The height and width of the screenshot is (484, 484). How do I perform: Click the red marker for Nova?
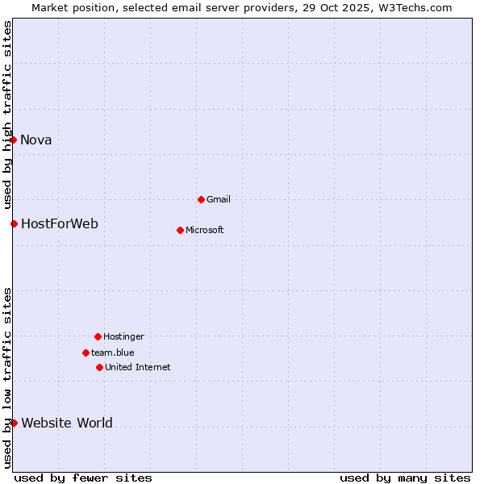pyautogui.click(x=14, y=140)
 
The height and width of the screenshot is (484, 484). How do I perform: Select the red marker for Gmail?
pyautogui.click(x=201, y=199)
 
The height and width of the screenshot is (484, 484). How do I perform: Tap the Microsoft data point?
pyautogui.click(x=180, y=230)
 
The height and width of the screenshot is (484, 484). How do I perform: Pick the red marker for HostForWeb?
pyautogui.click(x=14, y=223)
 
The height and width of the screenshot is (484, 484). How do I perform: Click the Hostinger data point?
pyautogui.click(x=98, y=336)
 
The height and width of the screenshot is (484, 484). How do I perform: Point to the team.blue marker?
pyautogui.click(x=86, y=353)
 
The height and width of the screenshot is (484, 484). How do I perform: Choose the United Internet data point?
pyautogui.click(x=99, y=367)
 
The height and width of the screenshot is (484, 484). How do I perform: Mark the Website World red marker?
pyautogui.click(x=14, y=423)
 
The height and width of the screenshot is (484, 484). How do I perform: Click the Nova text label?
pyautogui.click(x=36, y=140)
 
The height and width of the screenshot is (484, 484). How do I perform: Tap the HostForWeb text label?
pyautogui.click(x=60, y=223)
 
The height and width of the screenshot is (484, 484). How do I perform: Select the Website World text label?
pyautogui.click(x=67, y=423)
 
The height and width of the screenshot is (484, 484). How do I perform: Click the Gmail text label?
pyautogui.click(x=219, y=199)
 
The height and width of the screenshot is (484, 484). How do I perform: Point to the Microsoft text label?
pyautogui.click(x=205, y=230)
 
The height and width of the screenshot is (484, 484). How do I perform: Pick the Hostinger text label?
pyautogui.click(x=123, y=336)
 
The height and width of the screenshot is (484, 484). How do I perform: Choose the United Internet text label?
pyautogui.click(x=138, y=367)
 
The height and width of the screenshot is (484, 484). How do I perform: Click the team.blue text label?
pyautogui.click(x=113, y=353)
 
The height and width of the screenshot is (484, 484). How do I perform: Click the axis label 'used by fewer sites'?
pyautogui.click(x=83, y=478)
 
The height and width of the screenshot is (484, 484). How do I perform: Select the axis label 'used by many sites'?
pyautogui.click(x=405, y=478)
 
